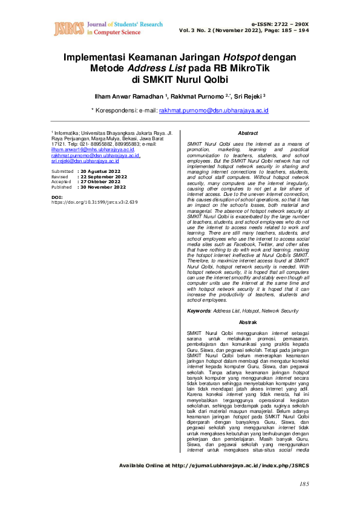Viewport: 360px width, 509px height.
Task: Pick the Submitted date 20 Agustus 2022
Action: (x=101, y=172)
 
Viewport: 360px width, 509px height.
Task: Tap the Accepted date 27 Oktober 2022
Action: (x=101, y=182)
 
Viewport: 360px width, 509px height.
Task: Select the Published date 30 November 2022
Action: (x=103, y=187)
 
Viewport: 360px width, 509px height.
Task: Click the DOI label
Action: (x=57, y=197)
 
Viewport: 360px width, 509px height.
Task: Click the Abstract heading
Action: (x=248, y=133)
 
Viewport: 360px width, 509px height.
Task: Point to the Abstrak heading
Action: (x=248, y=322)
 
